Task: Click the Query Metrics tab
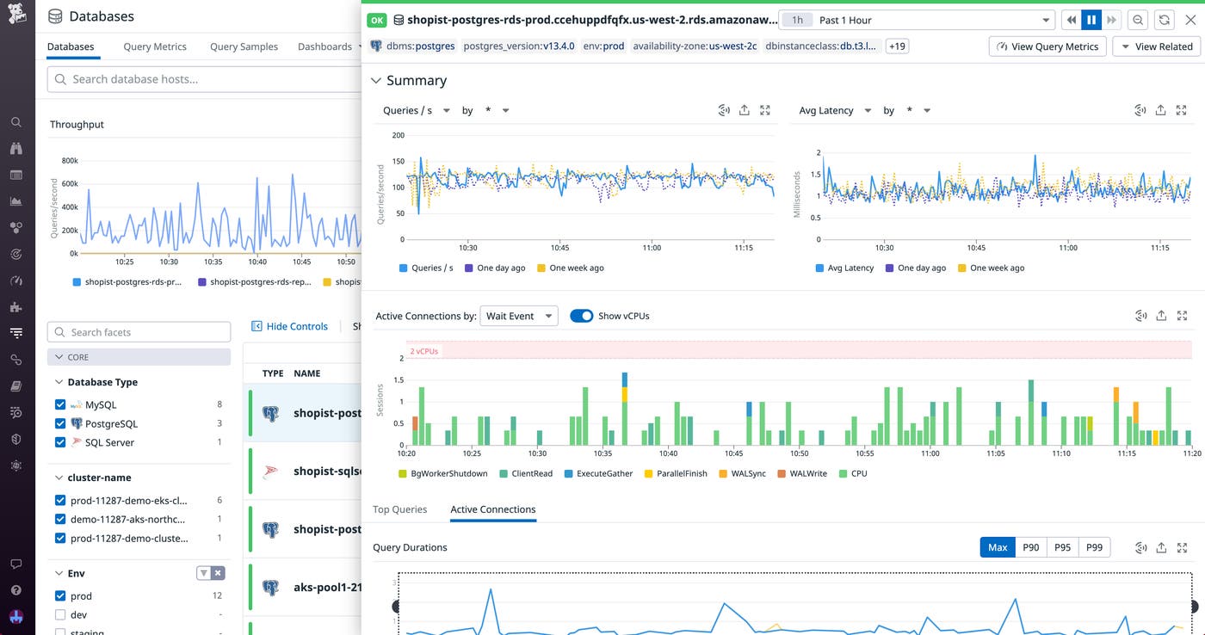point(155,46)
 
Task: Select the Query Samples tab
point(244,46)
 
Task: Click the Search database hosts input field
point(202,79)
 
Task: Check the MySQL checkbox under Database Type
point(60,404)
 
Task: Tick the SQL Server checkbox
point(60,442)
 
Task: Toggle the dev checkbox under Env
point(60,614)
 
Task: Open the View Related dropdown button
point(1157,46)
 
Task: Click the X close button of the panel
point(1190,20)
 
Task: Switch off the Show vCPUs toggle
point(582,316)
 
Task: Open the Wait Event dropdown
point(519,316)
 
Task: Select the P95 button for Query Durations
point(1062,547)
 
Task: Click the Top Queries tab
point(399,509)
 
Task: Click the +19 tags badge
point(897,46)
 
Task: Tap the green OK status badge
point(377,20)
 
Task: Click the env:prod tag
point(602,46)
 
